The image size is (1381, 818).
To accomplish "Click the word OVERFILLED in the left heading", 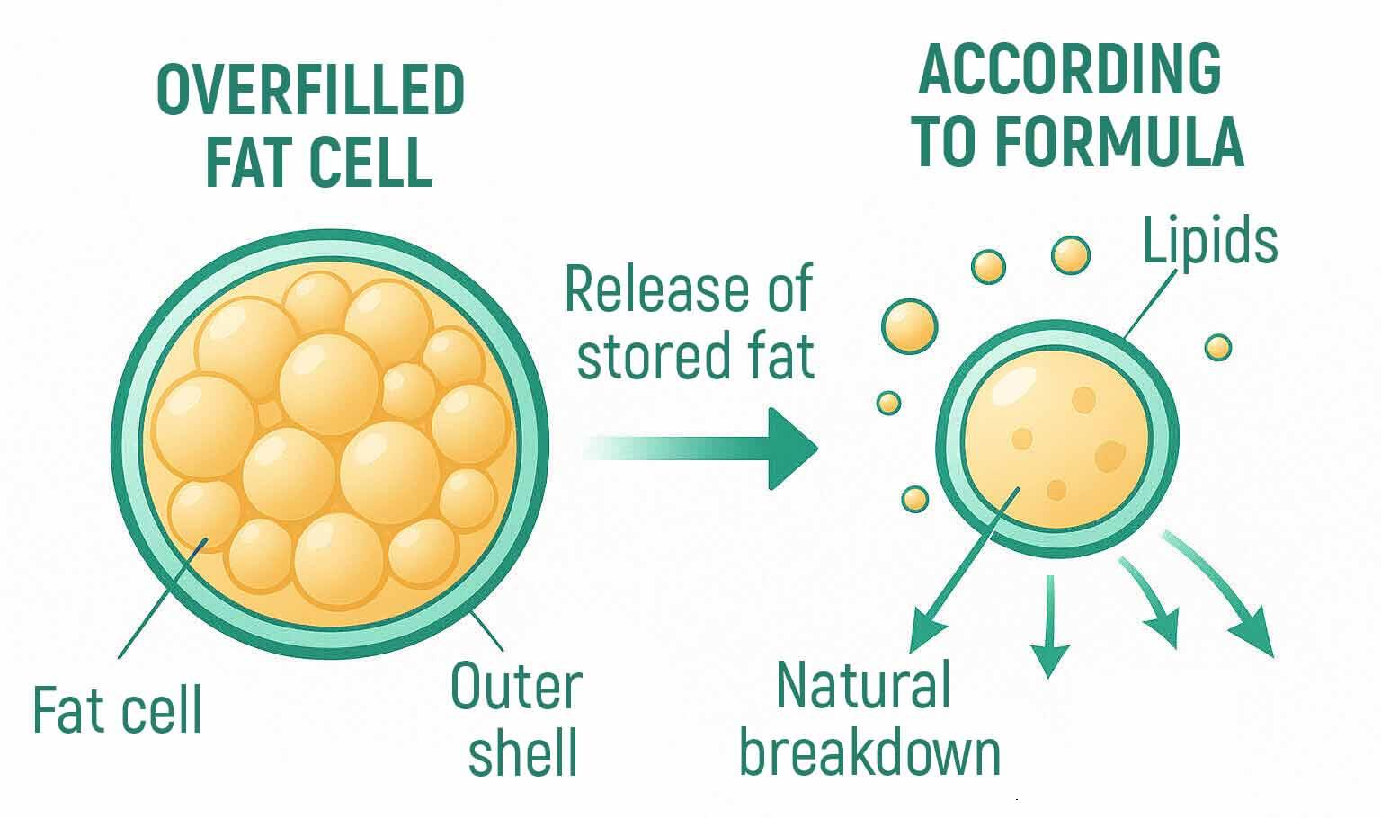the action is click(x=311, y=90).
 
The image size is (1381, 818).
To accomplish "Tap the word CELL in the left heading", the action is click(x=370, y=162).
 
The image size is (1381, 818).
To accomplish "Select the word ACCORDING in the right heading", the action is click(x=1070, y=69).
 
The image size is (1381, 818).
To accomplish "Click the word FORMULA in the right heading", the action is click(x=1119, y=142).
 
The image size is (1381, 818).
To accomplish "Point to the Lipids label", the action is click(x=1210, y=240).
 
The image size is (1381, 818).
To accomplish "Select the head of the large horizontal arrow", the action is click(x=792, y=449).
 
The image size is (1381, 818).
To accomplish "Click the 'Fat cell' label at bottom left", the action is click(x=117, y=709).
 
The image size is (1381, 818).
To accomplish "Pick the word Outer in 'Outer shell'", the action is click(x=517, y=686).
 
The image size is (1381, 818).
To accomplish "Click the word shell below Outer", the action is click(x=522, y=751).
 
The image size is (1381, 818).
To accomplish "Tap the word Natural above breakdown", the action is click(x=863, y=685).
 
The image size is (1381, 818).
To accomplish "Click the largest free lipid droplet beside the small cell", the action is click(x=909, y=326).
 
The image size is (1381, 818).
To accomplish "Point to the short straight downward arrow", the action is click(x=1049, y=626).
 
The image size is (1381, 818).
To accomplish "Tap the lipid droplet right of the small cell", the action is click(x=1218, y=348).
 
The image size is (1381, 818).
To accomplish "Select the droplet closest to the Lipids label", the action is click(x=1070, y=255).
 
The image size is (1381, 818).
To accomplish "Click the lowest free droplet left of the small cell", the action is click(x=915, y=499).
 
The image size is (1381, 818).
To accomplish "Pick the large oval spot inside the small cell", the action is click(x=1109, y=457).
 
